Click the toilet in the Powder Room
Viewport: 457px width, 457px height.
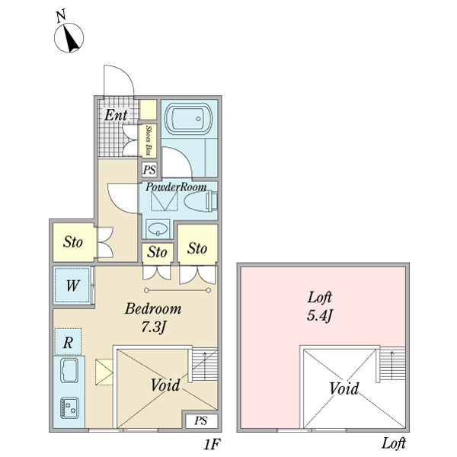coord(201,201)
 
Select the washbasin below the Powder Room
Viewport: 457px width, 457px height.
coord(158,228)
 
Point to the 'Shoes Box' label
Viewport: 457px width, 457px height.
coord(149,140)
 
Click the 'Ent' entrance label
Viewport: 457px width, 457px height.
coord(116,115)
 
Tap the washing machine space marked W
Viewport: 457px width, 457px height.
coord(72,286)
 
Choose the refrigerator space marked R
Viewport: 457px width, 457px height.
coord(68,342)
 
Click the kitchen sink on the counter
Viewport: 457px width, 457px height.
coord(69,370)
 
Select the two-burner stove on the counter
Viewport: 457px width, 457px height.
coord(69,407)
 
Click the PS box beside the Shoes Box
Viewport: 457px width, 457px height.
coord(149,169)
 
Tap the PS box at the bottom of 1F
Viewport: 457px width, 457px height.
coord(201,420)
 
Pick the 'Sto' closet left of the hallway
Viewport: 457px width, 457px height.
coord(73,242)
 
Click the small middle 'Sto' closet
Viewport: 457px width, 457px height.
coord(158,252)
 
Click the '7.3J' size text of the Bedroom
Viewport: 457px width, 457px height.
coord(153,328)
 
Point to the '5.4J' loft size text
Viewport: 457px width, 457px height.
coord(319,316)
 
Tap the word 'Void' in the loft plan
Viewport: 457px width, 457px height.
coord(344,388)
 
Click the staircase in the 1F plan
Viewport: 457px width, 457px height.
coord(205,364)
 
